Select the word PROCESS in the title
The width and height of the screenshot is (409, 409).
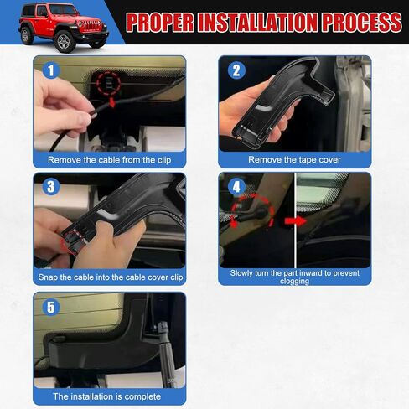pyautogui.click(x=360, y=23)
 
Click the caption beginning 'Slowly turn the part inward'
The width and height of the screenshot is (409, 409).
pyautogui.click(x=295, y=277)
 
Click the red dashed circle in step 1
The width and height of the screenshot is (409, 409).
pyautogui.click(x=107, y=83)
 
